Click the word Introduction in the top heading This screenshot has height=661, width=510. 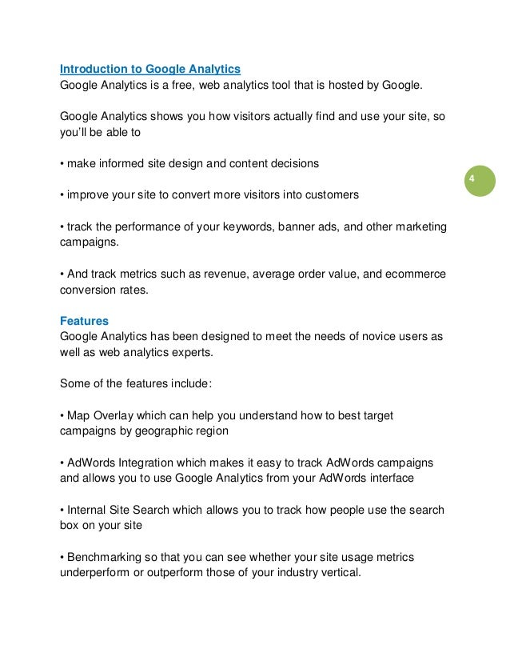click(x=92, y=69)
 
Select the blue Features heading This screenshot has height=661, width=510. click(x=84, y=322)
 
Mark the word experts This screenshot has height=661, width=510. click(x=189, y=352)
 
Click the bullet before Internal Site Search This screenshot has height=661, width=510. click(x=62, y=509)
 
